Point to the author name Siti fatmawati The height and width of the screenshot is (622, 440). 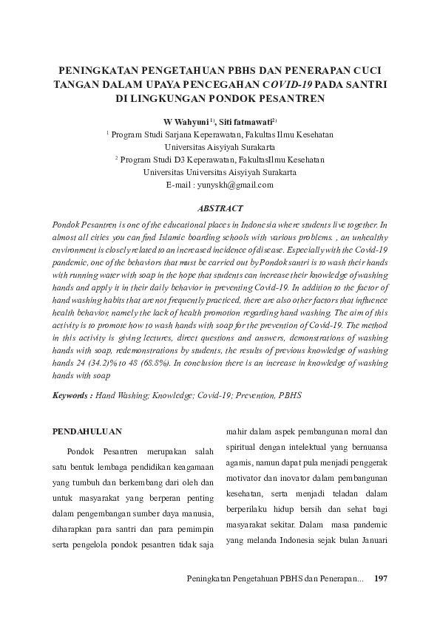click(x=248, y=120)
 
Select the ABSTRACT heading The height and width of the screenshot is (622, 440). click(x=220, y=209)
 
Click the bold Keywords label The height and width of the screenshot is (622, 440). click(x=72, y=395)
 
